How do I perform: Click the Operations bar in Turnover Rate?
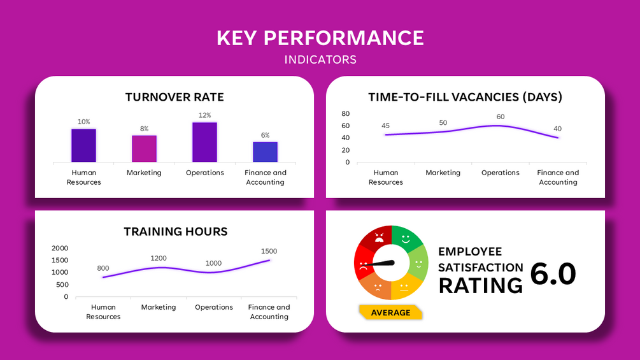click(204, 142)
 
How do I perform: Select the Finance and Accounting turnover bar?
click(265, 152)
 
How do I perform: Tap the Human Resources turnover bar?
click(83, 145)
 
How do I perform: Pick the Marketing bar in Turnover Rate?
click(144, 148)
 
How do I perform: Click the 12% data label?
click(204, 115)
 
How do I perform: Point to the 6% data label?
click(265, 135)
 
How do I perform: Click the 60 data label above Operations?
click(501, 117)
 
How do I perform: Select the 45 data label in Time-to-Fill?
click(385, 126)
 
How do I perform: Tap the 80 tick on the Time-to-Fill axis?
click(346, 113)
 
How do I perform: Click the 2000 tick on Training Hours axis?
click(60, 248)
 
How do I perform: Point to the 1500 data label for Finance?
click(269, 251)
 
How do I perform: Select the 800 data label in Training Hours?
click(103, 268)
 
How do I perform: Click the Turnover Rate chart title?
click(174, 97)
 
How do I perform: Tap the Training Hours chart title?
click(175, 231)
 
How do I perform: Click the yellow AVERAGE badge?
click(390, 312)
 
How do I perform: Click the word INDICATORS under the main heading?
click(320, 60)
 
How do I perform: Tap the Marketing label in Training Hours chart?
click(159, 307)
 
